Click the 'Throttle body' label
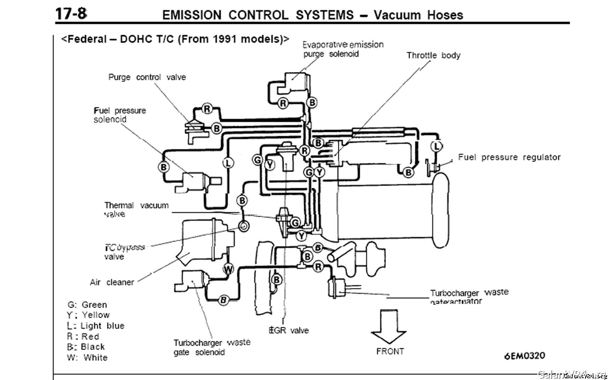point(433,56)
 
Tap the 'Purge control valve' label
point(147,77)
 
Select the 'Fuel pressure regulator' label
point(509,157)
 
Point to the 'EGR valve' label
point(289,330)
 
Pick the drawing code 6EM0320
point(524,356)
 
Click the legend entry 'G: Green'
point(87,305)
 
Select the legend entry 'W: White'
point(87,358)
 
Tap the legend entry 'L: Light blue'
point(96,326)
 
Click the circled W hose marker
point(228,269)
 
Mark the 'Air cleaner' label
point(112,282)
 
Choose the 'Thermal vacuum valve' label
point(136,209)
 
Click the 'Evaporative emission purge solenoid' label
point(343,49)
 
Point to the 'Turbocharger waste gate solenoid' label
point(212,347)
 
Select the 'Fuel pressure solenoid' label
point(119,115)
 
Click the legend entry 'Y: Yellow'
point(88,315)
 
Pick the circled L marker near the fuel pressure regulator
point(436,146)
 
